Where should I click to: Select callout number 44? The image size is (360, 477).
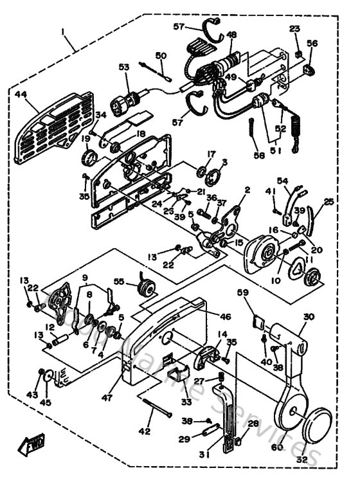(x=21, y=94)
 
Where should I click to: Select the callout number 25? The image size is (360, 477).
(x=329, y=202)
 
